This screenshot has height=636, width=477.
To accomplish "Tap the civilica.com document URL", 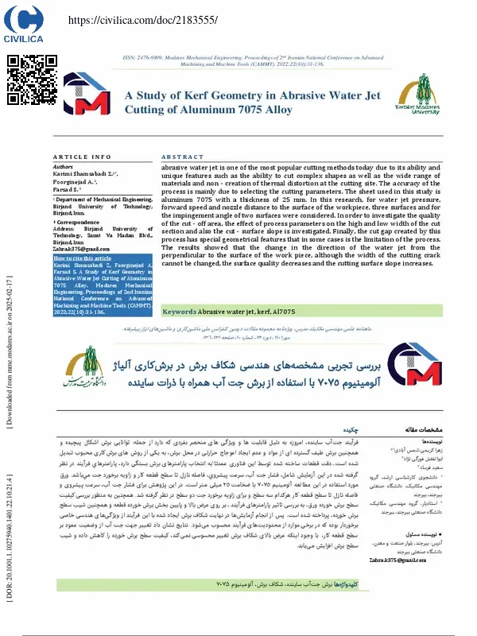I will (x=130, y=18).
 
